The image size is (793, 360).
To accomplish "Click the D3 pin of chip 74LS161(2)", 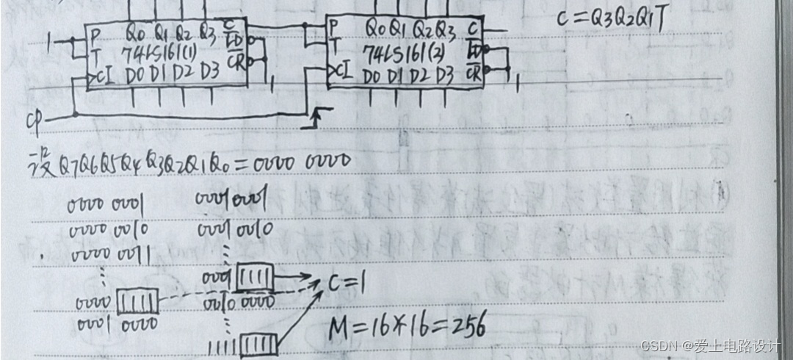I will coord(444,75).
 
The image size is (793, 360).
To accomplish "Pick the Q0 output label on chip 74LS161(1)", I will coord(135,32).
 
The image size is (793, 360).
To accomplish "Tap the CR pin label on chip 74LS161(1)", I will coord(235,59).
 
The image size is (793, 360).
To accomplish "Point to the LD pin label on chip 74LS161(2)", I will coord(474,51).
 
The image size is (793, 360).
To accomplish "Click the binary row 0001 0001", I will coord(235,200).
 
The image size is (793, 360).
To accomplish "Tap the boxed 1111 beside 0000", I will coord(137,301).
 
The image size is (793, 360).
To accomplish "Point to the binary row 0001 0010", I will coord(235,229).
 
